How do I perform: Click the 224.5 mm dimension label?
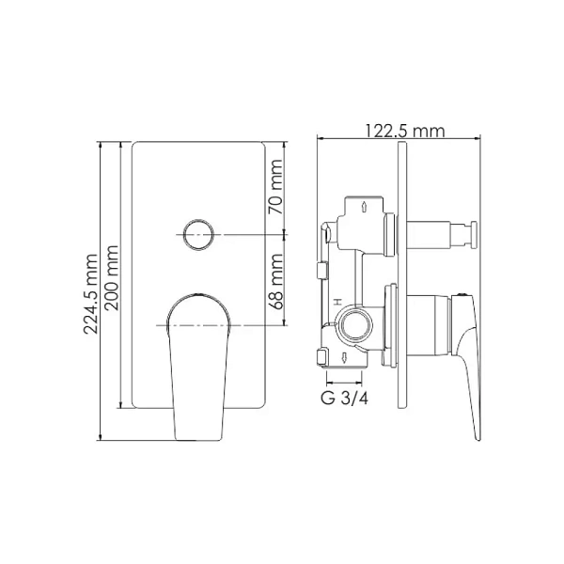pyautogui.click(x=90, y=294)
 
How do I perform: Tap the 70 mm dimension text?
pyautogui.click(x=275, y=187)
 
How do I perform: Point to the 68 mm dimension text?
pyautogui.click(x=275, y=282)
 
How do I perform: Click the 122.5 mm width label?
pyautogui.click(x=405, y=131)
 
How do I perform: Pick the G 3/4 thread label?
pyautogui.click(x=344, y=399)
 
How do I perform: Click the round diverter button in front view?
pyautogui.click(x=198, y=234)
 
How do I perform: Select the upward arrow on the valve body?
pyautogui.click(x=364, y=207)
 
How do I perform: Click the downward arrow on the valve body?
pyautogui.click(x=344, y=357)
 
